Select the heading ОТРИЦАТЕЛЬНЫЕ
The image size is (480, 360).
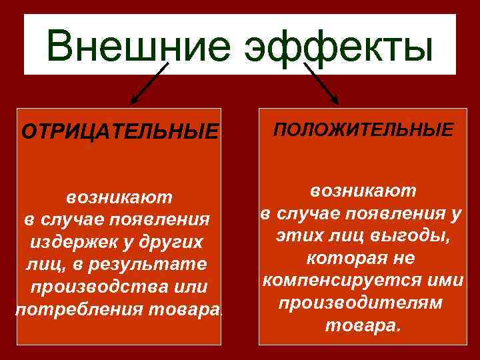click(x=120, y=131)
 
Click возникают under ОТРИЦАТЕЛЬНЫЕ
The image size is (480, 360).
click(x=119, y=197)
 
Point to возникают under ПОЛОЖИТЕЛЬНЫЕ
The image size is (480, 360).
click(x=363, y=191)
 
